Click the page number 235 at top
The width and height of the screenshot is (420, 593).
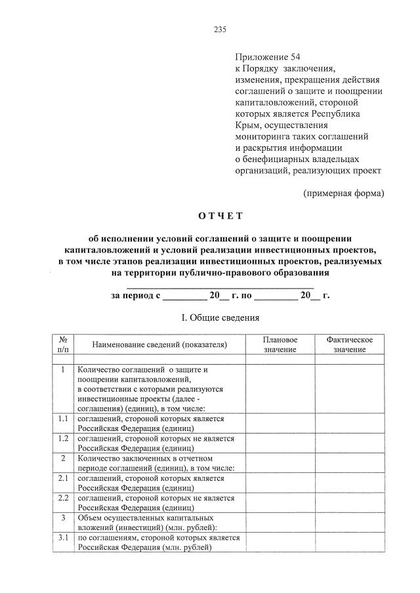click(220, 29)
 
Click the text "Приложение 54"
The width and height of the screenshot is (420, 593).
click(266, 57)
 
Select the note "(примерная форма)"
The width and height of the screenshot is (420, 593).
click(343, 193)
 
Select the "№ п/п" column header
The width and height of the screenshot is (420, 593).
click(64, 344)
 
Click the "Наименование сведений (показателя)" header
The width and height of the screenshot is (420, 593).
click(159, 344)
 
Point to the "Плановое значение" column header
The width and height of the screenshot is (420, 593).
click(280, 344)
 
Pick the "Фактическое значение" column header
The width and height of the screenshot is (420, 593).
click(349, 344)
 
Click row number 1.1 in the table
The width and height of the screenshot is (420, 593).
click(64, 419)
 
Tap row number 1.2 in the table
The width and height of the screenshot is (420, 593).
click(64, 438)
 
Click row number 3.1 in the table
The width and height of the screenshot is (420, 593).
click(64, 538)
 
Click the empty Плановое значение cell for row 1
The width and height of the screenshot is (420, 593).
click(280, 389)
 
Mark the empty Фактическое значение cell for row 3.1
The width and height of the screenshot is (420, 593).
click(349, 542)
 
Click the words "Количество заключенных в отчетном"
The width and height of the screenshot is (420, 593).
click(142, 459)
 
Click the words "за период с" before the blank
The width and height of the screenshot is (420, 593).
click(135, 296)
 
